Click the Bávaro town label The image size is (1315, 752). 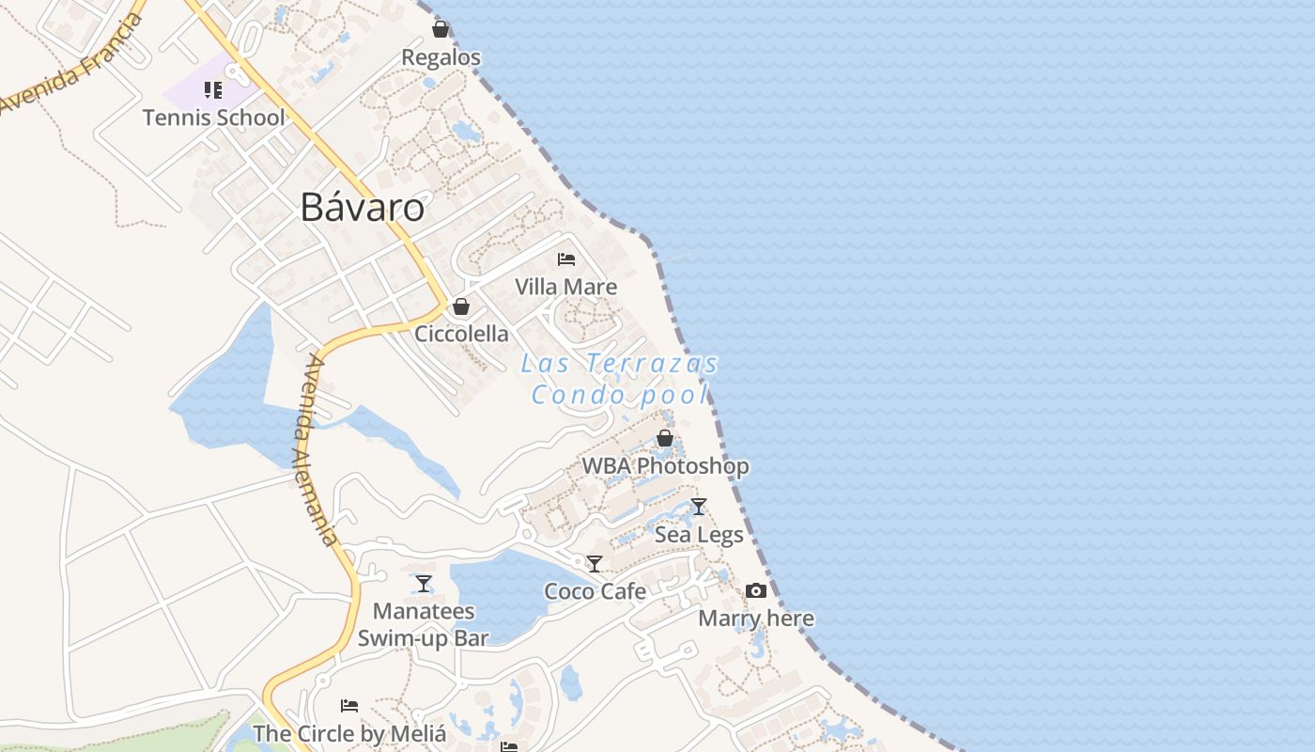(x=362, y=208)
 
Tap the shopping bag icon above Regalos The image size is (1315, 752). (x=440, y=30)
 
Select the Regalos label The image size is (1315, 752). (x=441, y=57)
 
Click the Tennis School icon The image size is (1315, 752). (x=213, y=90)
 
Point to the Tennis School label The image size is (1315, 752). (x=213, y=117)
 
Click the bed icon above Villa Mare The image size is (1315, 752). (x=565, y=258)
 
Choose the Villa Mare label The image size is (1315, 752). (x=565, y=287)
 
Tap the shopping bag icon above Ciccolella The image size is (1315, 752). (x=461, y=306)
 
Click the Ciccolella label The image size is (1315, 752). (x=461, y=334)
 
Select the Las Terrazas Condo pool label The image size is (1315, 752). (x=620, y=379)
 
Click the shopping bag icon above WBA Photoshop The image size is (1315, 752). (x=665, y=438)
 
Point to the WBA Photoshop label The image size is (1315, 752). (x=665, y=466)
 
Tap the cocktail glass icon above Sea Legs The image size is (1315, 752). (x=698, y=507)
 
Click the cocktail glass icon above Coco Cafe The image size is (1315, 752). (x=595, y=564)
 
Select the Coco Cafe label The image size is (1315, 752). (x=596, y=591)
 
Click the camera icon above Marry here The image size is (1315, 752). (x=756, y=591)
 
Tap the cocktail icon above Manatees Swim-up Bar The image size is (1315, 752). (x=424, y=584)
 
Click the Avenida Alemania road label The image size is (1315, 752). (x=316, y=449)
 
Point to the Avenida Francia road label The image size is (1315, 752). (x=70, y=64)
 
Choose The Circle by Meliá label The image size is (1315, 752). (x=348, y=733)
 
